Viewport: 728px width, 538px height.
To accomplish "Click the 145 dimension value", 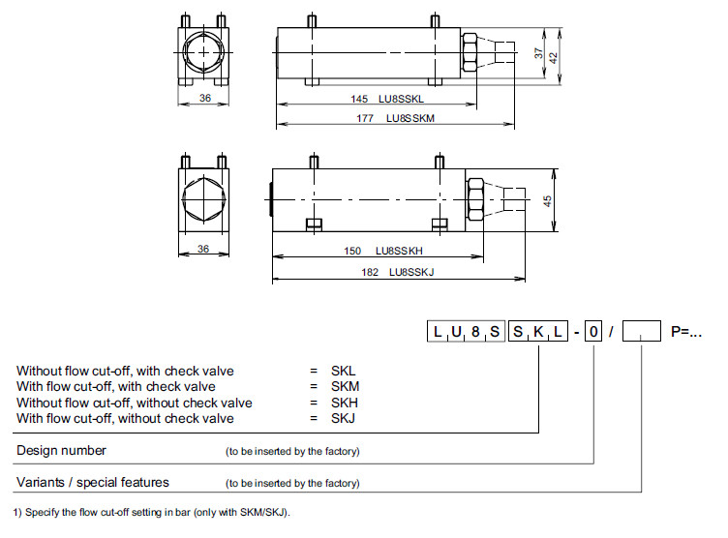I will tap(359, 99).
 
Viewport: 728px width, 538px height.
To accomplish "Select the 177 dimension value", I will tap(365, 118).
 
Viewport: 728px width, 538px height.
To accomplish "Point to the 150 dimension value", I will tap(353, 251).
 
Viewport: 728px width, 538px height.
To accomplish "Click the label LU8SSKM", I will tap(410, 118).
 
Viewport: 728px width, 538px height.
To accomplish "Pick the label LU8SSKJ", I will tap(411, 272).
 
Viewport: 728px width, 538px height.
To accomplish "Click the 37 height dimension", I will tap(539, 55).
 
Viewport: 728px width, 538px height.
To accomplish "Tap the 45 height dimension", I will tap(547, 201).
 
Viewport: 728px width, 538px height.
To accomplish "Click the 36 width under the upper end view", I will tap(205, 97).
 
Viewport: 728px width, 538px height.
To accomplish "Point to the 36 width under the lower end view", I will tap(204, 249).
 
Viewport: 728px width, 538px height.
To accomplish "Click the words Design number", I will tap(61, 450).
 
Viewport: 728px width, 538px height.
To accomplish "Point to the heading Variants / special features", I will tap(92, 482).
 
